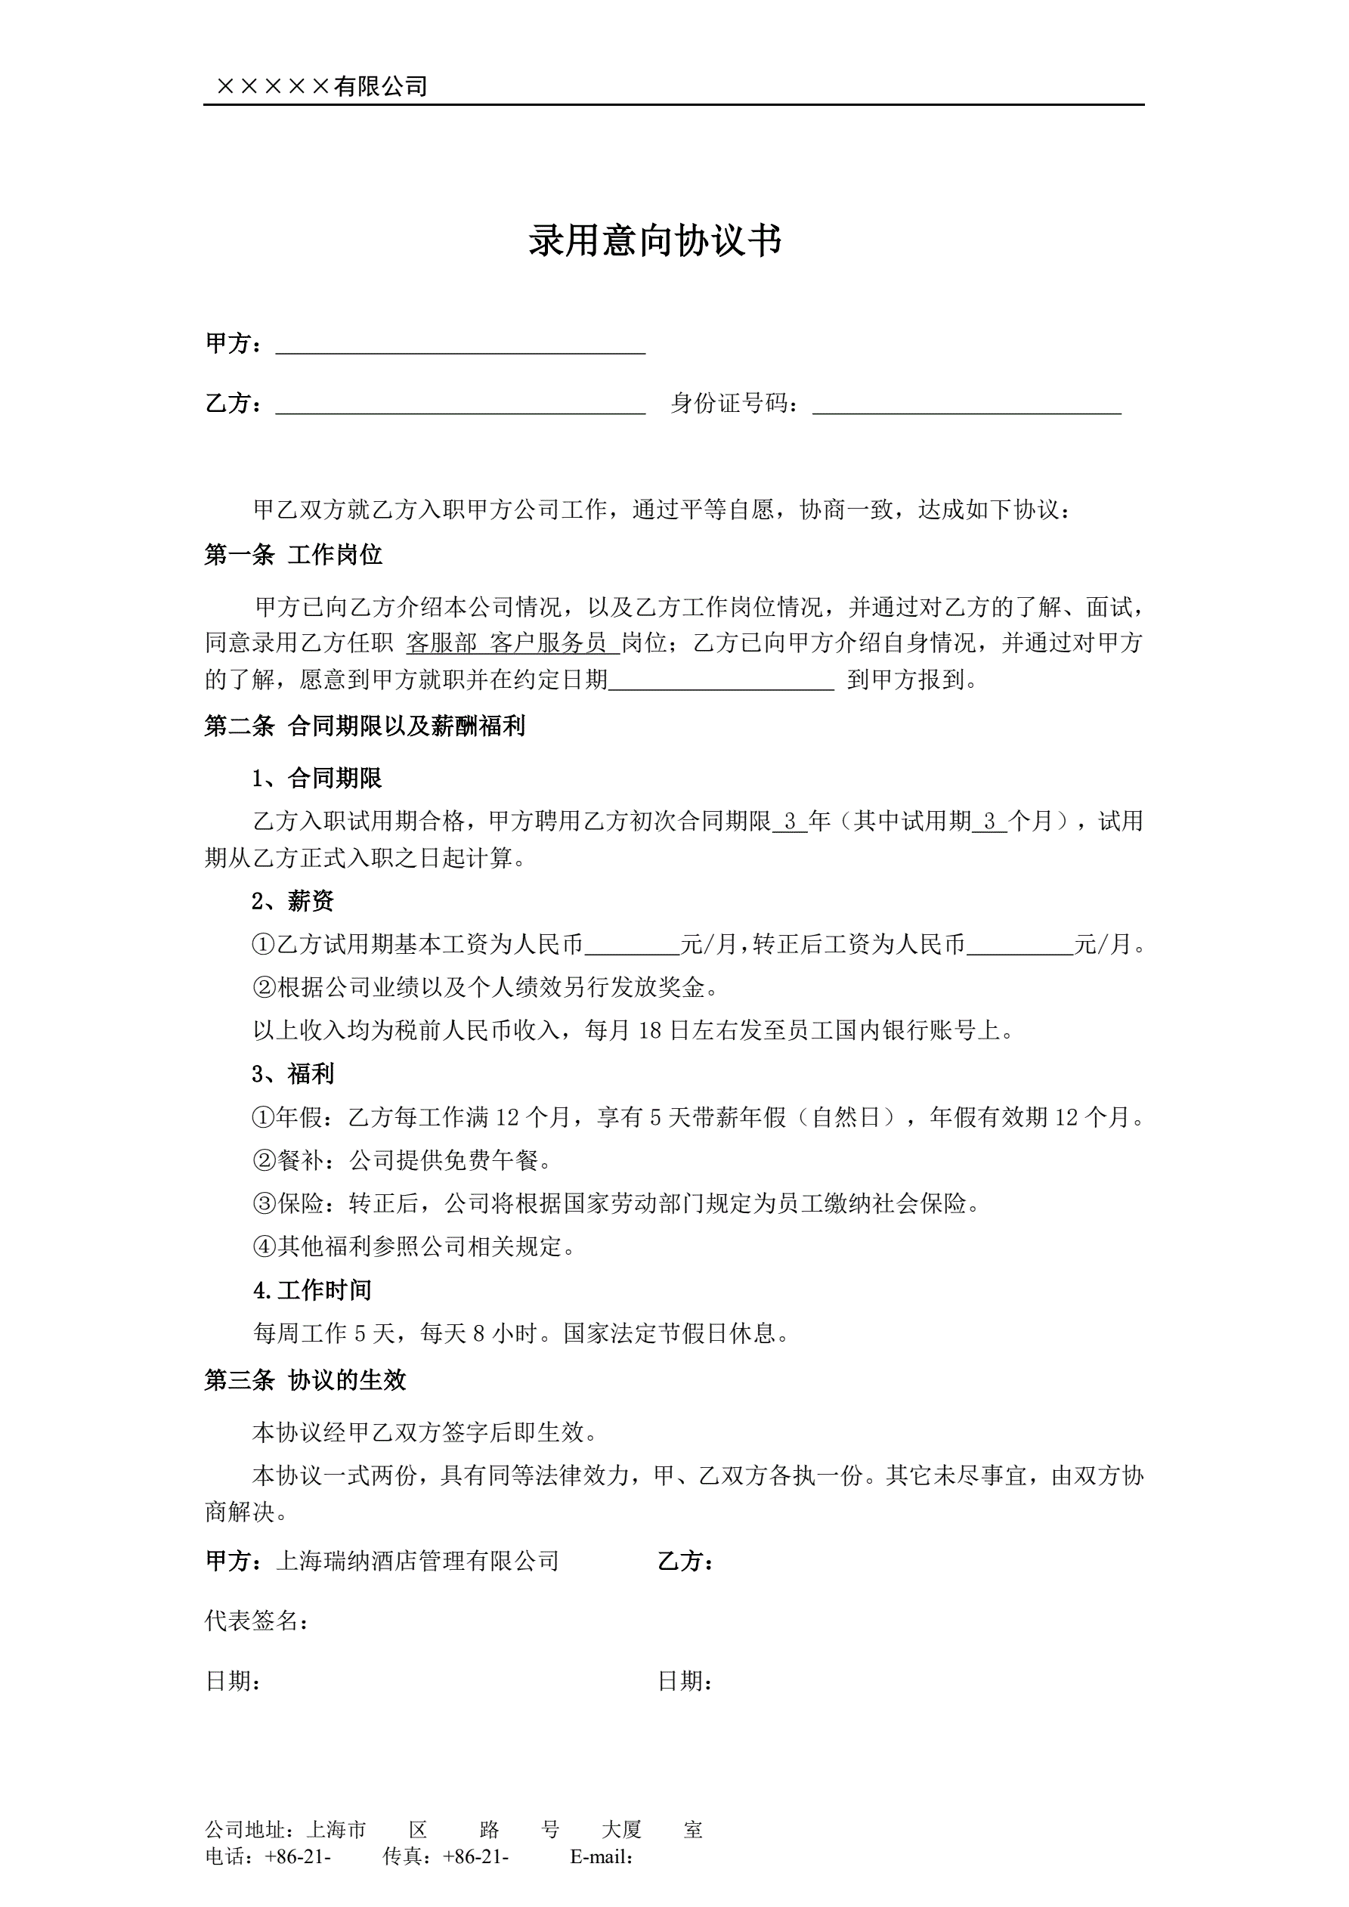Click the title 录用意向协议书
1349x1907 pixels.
click(x=654, y=241)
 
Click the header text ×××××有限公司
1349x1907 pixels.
click(x=321, y=86)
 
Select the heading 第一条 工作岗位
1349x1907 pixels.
click(x=293, y=555)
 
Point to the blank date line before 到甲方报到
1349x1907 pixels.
click(x=721, y=680)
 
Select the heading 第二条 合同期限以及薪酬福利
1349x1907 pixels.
click(x=365, y=726)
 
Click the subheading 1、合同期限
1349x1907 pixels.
click(x=317, y=779)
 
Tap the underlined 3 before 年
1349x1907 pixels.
click(x=790, y=822)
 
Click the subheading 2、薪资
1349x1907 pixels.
click(x=292, y=901)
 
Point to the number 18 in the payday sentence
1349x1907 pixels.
click(x=650, y=1031)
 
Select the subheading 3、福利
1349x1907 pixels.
click(x=292, y=1074)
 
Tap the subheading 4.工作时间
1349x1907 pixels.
click(x=311, y=1290)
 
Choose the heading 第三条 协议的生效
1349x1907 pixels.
click(x=305, y=1380)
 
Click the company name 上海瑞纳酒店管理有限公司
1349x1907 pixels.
click(x=417, y=1561)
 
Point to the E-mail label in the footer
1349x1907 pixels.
click(x=602, y=1857)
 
